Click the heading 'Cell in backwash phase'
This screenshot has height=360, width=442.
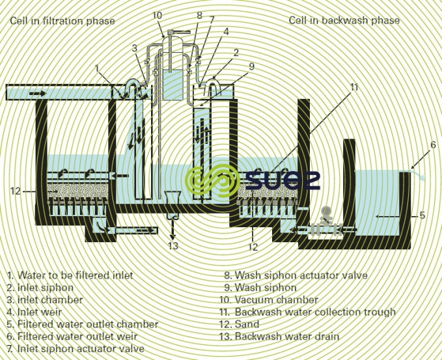[344, 20]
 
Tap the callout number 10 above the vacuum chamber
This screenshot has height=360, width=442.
[158, 15]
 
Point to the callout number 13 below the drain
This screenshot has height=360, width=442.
[173, 245]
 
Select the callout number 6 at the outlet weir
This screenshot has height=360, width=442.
[433, 145]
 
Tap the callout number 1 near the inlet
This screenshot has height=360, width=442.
[96, 68]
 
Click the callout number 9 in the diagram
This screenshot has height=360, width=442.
[251, 66]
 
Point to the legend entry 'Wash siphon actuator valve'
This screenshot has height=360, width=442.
[296, 275]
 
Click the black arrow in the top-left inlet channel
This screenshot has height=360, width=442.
[37, 94]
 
